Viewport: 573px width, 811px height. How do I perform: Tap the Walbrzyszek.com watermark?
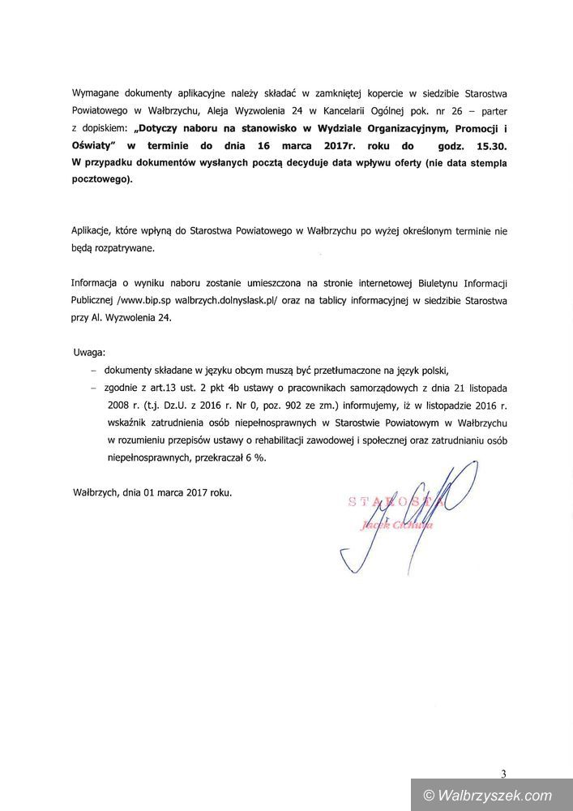point(490,795)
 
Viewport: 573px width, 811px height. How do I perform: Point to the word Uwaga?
point(88,354)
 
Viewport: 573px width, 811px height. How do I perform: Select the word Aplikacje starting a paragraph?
point(98,231)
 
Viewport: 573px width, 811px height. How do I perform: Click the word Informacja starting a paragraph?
point(99,284)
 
